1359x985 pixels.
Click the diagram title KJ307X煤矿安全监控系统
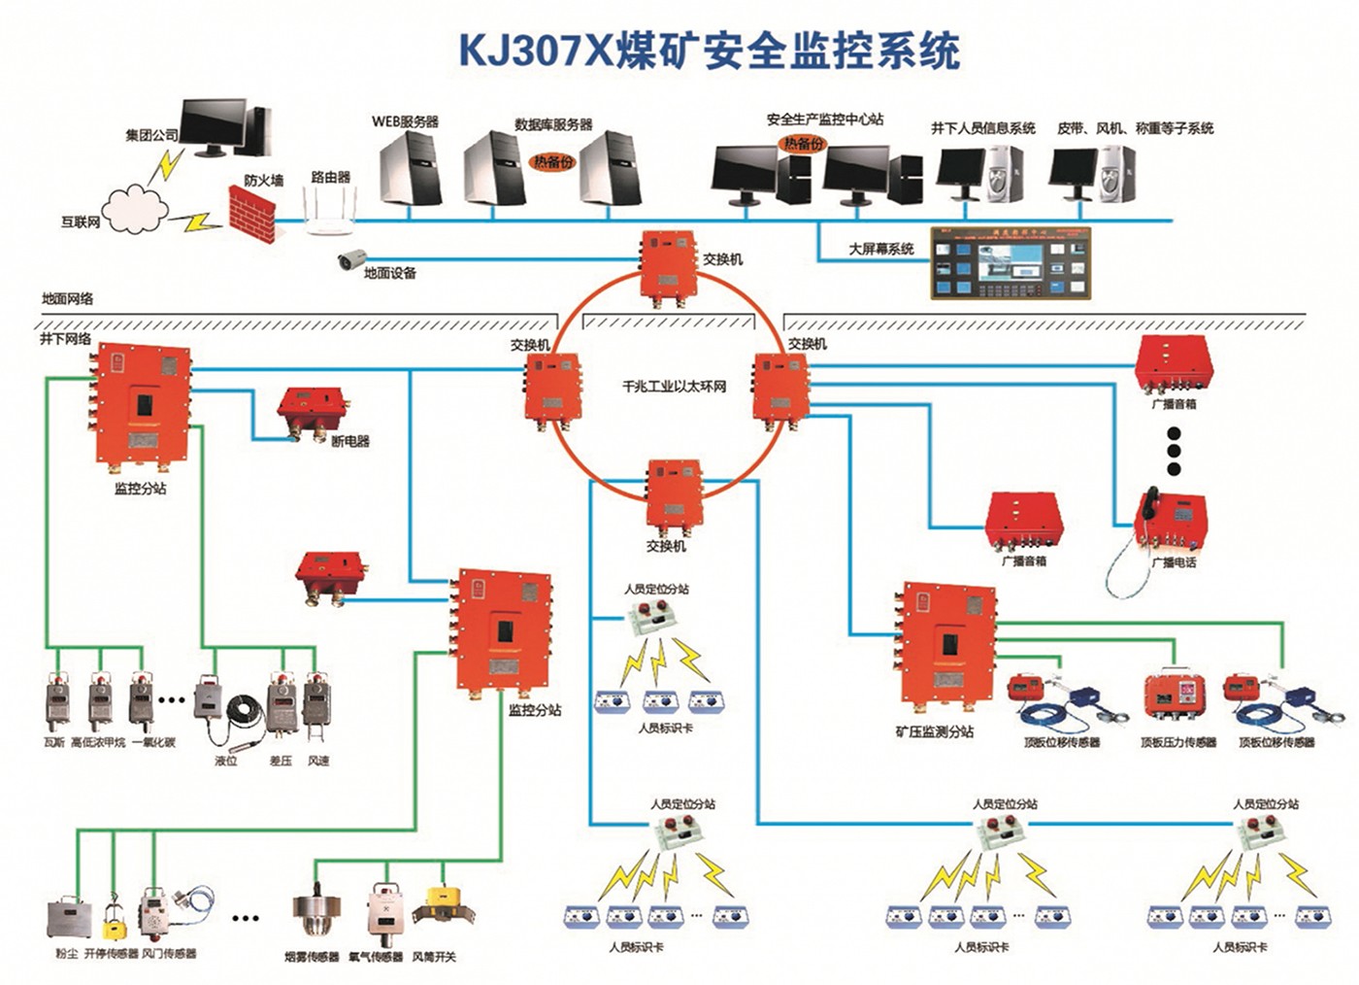(709, 51)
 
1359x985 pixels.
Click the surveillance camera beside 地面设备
(350, 259)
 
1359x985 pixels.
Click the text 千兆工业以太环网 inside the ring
(674, 387)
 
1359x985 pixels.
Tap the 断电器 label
(349, 441)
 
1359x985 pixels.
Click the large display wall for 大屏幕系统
(1010, 262)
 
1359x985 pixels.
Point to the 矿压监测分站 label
(934, 731)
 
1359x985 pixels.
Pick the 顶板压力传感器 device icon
(1175, 697)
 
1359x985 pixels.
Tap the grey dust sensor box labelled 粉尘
(68, 918)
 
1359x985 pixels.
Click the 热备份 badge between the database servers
(552, 162)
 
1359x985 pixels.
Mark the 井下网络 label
(65, 339)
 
